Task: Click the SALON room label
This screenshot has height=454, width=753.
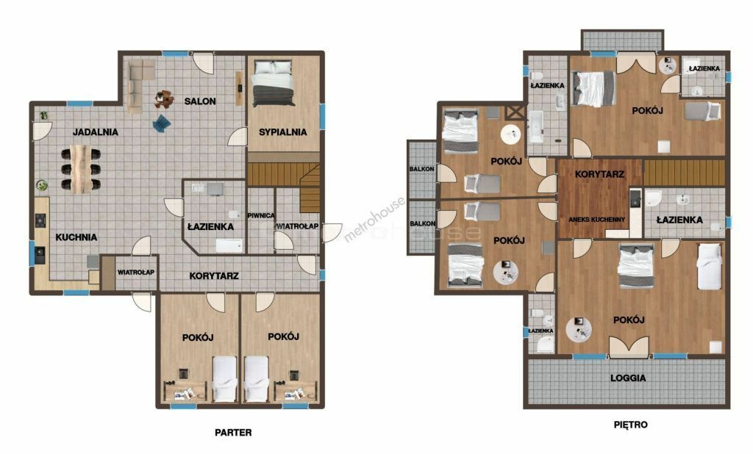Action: (x=200, y=101)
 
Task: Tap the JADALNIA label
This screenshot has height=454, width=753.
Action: (x=96, y=132)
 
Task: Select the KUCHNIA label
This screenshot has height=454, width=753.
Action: (x=76, y=237)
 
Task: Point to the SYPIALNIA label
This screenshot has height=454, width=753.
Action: (x=283, y=132)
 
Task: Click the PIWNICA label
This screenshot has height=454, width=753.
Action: (x=261, y=216)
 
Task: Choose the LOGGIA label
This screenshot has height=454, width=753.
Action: (x=628, y=378)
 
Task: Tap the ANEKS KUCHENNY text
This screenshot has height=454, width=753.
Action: (x=597, y=220)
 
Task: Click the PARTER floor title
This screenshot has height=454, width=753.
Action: (x=233, y=433)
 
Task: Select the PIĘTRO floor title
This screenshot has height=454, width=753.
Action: (x=630, y=425)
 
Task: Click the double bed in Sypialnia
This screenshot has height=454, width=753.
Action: (x=274, y=82)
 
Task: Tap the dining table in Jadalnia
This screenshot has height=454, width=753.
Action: (x=81, y=169)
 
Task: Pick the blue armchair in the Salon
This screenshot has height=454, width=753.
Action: (x=162, y=123)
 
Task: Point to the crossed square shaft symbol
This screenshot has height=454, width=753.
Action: (x=515, y=113)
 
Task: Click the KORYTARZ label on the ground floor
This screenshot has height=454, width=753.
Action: (x=214, y=276)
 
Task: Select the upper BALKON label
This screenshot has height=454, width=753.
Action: (x=422, y=169)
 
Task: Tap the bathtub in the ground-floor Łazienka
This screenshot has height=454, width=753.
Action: (x=229, y=245)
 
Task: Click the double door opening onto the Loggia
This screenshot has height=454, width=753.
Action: (x=629, y=346)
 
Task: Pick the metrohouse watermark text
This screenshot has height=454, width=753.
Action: (x=374, y=220)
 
